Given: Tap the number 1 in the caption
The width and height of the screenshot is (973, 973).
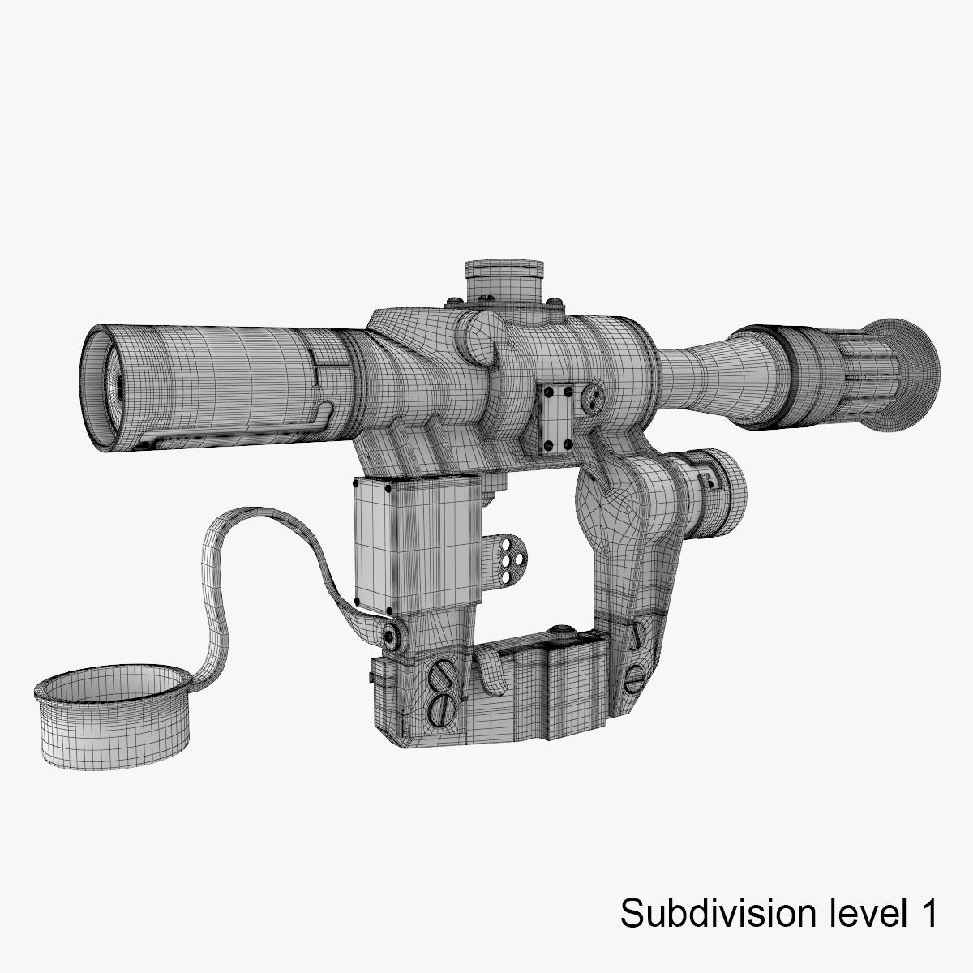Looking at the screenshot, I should [x=928, y=913].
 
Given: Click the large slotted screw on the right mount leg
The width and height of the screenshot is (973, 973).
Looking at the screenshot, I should [x=635, y=678].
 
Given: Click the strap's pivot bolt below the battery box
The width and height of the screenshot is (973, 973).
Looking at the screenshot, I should [x=392, y=634].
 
